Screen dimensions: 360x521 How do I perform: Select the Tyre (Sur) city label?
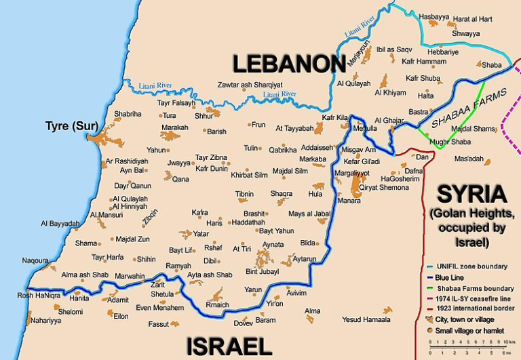pos(71,126)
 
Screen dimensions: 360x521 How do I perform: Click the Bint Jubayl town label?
pos(263,272)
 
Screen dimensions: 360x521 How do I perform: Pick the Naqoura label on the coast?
pos(35,260)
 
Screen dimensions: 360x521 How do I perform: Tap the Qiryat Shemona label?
pos(384,187)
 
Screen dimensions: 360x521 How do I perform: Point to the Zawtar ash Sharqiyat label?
pos(250,84)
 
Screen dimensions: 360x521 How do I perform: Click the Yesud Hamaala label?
pos(366,319)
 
